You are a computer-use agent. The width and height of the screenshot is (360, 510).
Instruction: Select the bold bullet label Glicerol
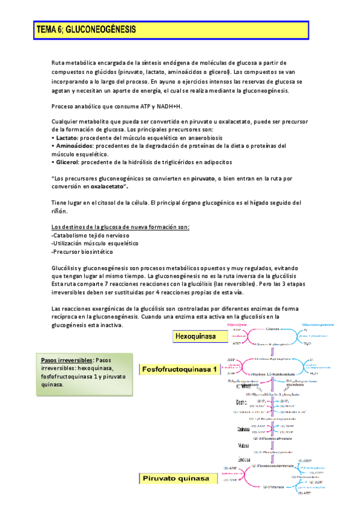pos(67,162)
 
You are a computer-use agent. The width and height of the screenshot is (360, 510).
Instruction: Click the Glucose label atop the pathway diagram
pos(273,329)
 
